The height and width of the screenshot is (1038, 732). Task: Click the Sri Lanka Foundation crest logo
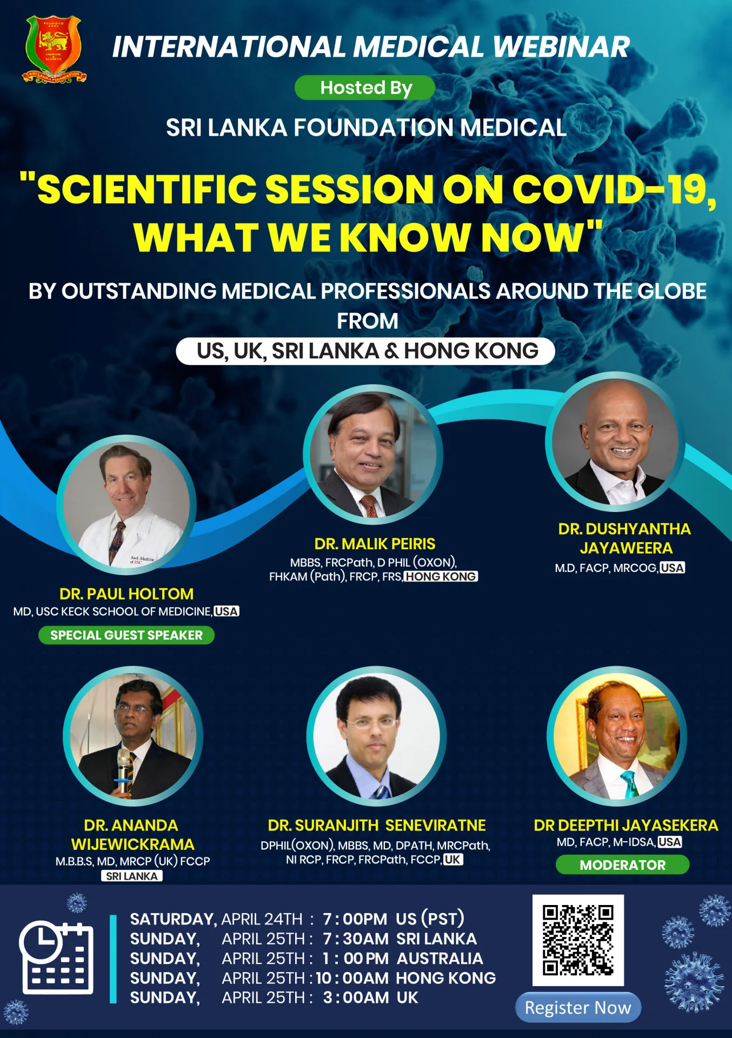point(54,49)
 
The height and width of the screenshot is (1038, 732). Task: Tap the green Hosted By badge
point(365,88)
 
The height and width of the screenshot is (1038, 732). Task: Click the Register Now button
point(578,1007)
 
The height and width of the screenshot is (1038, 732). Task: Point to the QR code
point(578,940)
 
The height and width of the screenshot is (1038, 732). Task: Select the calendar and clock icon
point(56,957)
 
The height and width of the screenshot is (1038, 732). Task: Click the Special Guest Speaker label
point(127,635)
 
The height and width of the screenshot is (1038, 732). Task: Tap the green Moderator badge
point(623,865)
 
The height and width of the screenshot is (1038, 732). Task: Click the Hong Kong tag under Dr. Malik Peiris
point(441,577)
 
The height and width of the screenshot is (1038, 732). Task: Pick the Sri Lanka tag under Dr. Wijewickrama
point(132,876)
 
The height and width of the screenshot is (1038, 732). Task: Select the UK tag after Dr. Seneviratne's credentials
point(453,860)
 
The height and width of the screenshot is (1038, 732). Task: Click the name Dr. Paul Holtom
point(127,594)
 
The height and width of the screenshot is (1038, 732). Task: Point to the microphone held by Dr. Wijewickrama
point(124,768)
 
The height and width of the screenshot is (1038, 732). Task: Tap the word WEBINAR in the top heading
point(561,46)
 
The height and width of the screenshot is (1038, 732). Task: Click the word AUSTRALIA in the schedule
point(440,959)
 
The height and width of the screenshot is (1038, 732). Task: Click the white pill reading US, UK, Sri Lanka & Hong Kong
point(365,351)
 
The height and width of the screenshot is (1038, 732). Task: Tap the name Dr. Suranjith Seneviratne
point(377,826)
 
